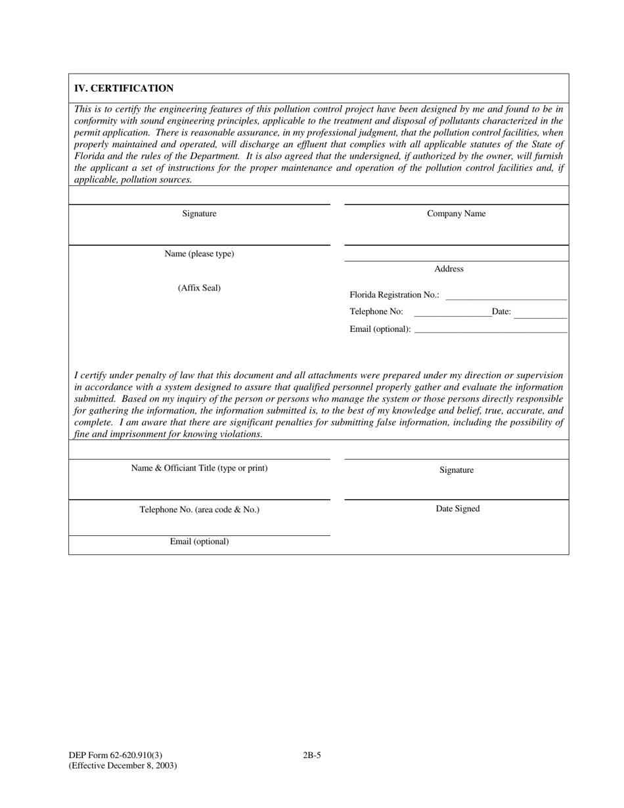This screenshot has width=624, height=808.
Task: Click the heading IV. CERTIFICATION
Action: tap(123, 89)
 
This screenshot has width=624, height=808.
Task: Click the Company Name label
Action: tap(457, 213)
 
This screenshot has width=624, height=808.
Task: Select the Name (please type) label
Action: tap(199, 254)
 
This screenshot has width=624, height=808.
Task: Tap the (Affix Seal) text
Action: tap(199, 288)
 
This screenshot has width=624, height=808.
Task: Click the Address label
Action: tap(449, 269)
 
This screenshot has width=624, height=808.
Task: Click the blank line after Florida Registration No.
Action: tap(506, 297)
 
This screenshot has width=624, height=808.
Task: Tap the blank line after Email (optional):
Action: tap(491, 330)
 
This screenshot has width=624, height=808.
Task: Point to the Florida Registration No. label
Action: tap(394, 295)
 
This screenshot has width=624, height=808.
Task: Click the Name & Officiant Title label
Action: tap(199, 468)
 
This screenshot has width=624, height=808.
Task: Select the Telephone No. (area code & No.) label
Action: tap(199, 509)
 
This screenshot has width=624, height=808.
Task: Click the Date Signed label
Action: tap(458, 508)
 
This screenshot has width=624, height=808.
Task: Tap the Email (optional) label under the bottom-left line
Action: tap(199, 541)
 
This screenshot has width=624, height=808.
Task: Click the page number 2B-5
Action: tap(312, 755)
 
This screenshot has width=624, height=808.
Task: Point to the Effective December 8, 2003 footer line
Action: tap(122, 765)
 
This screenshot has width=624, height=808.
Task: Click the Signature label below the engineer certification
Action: tap(199, 213)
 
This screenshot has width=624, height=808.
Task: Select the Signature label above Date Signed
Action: tap(457, 470)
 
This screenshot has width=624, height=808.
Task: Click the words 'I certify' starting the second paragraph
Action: tap(92, 375)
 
